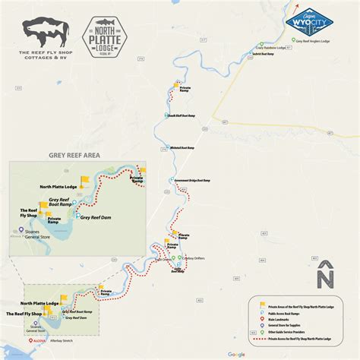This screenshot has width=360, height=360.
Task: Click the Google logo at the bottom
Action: (236, 354)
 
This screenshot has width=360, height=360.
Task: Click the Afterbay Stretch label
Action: (50, 342)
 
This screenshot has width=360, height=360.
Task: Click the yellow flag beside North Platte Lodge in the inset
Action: (85, 180)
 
